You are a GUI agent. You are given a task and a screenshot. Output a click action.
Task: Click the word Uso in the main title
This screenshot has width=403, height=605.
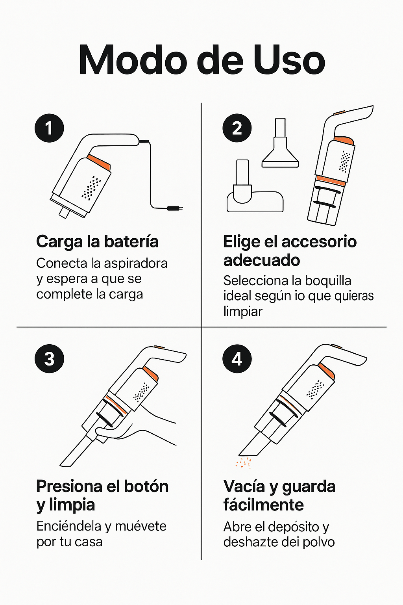click(x=289, y=60)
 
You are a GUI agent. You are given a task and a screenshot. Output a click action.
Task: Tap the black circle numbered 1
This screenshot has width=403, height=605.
click(x=49, y=128)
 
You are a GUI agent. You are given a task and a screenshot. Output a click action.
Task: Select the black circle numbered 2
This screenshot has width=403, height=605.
click(x=237, y=128)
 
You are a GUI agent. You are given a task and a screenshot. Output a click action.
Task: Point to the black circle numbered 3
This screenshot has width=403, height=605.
click(x=49, y=359)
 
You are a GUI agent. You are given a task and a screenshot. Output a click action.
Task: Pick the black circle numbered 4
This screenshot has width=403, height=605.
click(x=237, y=359)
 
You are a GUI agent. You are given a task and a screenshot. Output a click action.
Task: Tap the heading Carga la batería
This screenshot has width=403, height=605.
click(x=97, y=242)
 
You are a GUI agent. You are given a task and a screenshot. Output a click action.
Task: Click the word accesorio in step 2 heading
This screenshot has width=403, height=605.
click(x=319, y=242)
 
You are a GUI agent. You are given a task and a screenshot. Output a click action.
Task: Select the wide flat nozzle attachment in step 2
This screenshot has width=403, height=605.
click(x=280, y=143)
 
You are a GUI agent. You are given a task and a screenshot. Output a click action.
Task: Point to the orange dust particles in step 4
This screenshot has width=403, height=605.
click(x=243, y=462)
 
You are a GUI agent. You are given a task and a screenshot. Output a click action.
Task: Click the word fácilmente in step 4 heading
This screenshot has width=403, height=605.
click(x=263, y=505)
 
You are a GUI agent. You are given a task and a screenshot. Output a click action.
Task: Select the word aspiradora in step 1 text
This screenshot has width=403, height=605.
click(x=135, y=264)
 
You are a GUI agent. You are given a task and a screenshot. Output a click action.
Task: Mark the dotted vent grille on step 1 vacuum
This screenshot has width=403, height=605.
click(x=91, y=188)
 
